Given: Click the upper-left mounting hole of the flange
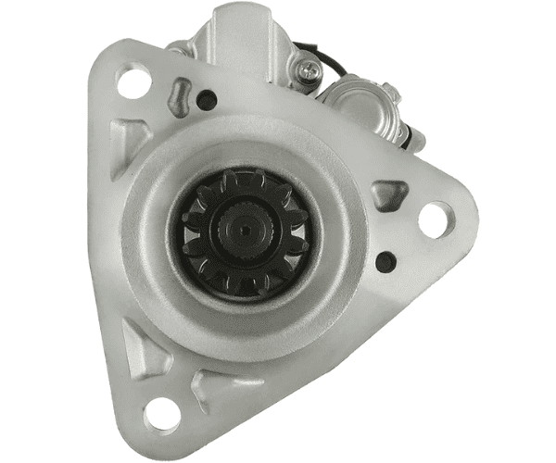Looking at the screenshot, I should tap(134, 82).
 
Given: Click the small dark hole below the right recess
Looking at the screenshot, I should tap(385, 261).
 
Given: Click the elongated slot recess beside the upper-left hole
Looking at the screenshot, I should tap(180, 96).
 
